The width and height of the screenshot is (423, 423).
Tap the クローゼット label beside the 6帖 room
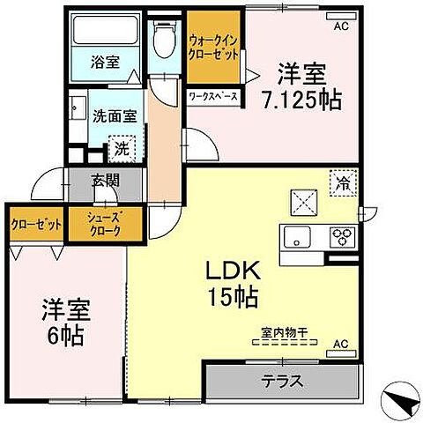tap(36, 225)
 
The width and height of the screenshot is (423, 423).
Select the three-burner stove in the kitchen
tap(342, 235)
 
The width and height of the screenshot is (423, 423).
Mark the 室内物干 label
tap(282, 333)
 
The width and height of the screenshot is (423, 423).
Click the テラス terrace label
tap(283, 382)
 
